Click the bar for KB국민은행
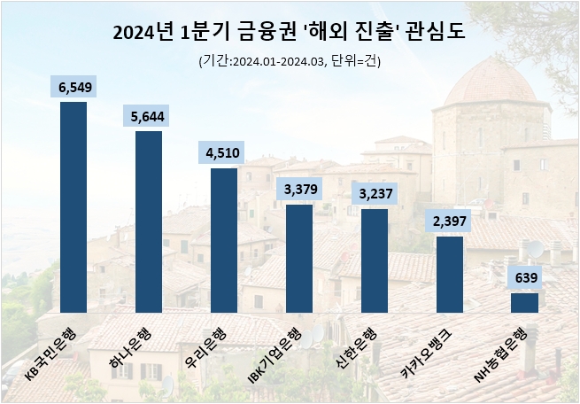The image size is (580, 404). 73,208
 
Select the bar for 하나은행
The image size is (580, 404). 148,222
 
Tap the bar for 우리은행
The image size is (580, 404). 224,240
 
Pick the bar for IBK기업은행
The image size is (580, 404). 299,259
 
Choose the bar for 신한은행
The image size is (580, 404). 375,260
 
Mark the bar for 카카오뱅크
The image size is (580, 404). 450,275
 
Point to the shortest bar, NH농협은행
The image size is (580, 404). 525,303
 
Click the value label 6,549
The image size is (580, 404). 73,86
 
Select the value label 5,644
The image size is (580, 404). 148,115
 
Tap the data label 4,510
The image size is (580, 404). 224,152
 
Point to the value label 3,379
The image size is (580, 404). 299,189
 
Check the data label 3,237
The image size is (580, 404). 375,193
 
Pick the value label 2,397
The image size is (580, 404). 450,221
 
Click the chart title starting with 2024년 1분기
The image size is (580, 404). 290,34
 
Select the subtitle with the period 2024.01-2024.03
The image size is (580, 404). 290,61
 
